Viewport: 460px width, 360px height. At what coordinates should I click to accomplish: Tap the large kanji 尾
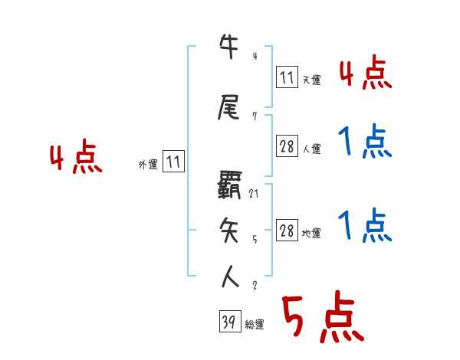(x=230, y=109)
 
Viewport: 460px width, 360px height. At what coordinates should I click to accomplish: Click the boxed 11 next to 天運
(x=287, y=77)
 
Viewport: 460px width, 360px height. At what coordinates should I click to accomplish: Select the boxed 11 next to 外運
(x=173, y=162)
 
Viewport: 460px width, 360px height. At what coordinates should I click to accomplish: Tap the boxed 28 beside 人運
(x=287, y=146)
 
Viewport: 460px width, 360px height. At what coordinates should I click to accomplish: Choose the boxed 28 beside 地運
(x=287, y=231)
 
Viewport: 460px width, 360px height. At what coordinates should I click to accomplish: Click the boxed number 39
(x=228, y=322)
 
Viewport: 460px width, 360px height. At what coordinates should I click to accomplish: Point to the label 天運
(x=311, y=80)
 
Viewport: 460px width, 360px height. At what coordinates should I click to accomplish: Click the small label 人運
(x=311, y=149)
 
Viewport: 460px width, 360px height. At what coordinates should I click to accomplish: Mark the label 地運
(x=311, y=233)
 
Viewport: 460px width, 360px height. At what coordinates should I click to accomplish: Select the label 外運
(x=148, y=164)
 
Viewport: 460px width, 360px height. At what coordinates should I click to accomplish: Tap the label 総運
(x=255, y=325)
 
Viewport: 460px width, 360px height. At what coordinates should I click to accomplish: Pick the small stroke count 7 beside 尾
(x=254, y=116)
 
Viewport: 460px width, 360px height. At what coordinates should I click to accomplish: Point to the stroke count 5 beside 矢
(x=254, y=239)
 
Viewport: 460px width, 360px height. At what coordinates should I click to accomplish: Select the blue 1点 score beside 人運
(x=363, y=142)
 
